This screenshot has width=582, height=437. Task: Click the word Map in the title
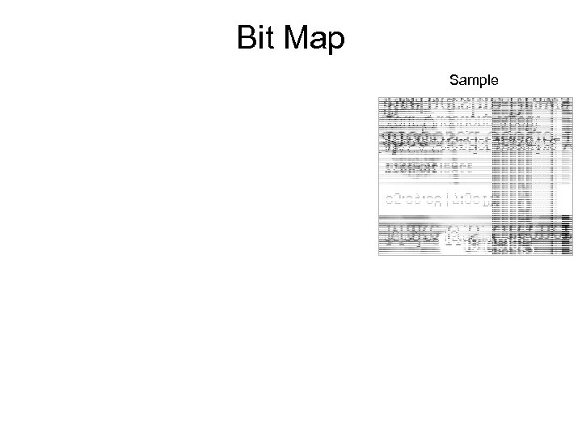(314, 39)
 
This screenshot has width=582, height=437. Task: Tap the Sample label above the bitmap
(475, 80)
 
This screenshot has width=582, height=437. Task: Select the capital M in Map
(297, 37)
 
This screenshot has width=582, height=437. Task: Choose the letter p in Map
(336, 42)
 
